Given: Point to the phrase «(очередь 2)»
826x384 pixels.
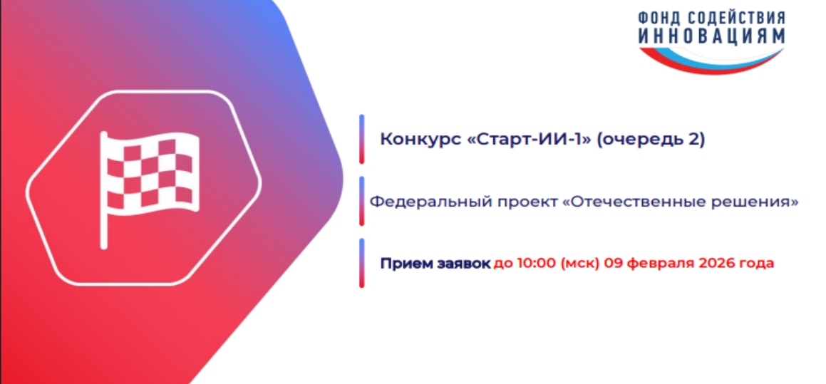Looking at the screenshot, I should (x=650, y=140).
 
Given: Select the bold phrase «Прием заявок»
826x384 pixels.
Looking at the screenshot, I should (x=435, y=264).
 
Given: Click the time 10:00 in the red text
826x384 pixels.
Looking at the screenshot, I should (x=535, y=264).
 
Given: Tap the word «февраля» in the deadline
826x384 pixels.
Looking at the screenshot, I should (x=658, y=264).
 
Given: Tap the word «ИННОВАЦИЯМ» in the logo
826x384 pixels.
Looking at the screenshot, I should (x=711, y=36).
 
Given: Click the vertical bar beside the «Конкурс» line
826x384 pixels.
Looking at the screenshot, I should (x=362, y=139).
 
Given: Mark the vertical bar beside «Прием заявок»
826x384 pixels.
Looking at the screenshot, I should (x=362, y=263).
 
